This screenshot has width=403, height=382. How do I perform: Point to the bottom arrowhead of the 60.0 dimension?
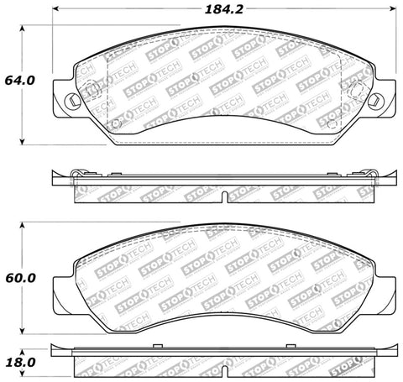pyautogui.click(x=23, y=332)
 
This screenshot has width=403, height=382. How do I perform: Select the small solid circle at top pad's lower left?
pyautogui.click(x=116, y=128)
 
